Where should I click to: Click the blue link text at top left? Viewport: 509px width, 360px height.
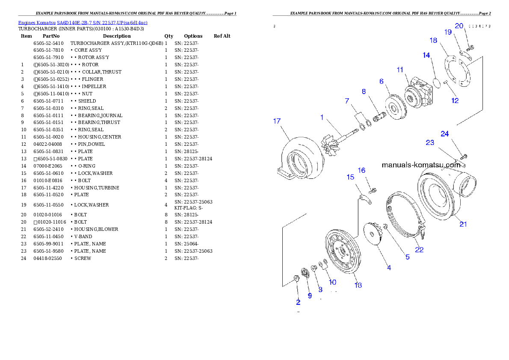(83, 23)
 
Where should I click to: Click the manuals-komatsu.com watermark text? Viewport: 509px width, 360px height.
(423, 165)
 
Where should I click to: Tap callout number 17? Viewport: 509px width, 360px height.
(277, 121)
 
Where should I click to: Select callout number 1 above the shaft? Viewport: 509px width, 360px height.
(323, 117)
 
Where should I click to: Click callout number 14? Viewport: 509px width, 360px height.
(426, 56)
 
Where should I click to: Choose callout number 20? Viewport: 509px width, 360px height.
(459, 26)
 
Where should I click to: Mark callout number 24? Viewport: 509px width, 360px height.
(445, 134)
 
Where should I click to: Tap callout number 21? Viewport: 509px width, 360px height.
(463, 224)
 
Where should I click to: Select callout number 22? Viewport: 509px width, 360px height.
(419, 250)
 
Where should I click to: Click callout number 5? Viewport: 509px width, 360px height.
(407, 257)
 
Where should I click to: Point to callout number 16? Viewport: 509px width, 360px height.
(361, 170)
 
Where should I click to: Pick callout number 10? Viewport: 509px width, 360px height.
(332, 282)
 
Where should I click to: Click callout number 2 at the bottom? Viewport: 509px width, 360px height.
(298, 302)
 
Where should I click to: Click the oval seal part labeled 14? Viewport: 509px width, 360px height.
(437, 82)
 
